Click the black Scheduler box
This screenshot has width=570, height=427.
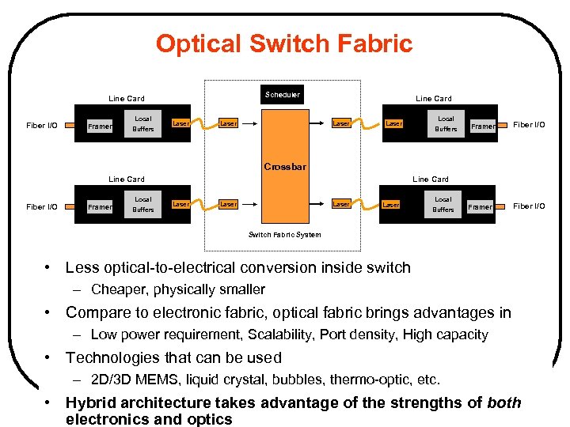coord(283,94)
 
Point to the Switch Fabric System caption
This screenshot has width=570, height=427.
coord(285,235)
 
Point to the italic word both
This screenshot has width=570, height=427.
coord(504,402)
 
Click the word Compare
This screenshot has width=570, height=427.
coord(99,312)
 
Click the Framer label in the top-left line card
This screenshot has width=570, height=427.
coord(100,127)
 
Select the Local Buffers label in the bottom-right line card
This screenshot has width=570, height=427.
coord(443,204)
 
